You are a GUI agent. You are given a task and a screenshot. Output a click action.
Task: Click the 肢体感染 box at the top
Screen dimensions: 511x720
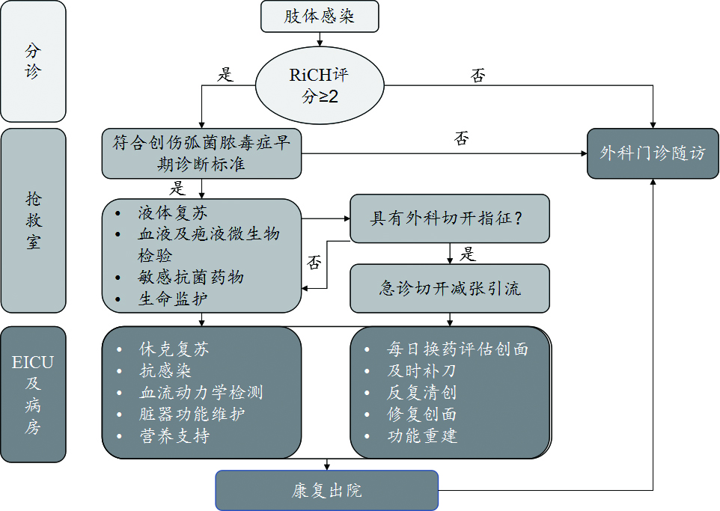coord(320,16)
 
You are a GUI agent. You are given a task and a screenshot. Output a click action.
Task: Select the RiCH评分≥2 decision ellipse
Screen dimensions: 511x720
coord(320,85)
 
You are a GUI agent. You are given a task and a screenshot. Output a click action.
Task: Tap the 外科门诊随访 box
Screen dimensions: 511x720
coord(653,153)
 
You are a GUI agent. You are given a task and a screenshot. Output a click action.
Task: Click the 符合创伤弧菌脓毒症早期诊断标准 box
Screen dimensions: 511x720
coord(201,153)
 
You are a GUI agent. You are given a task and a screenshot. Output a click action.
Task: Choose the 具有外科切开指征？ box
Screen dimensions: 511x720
coord(449,218)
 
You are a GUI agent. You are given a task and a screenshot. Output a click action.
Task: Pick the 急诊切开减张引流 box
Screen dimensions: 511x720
coord(449,288)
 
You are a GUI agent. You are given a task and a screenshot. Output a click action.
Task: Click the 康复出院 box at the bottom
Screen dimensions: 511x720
coord(326,491)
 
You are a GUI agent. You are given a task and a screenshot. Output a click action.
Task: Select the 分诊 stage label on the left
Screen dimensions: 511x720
coord(33,61)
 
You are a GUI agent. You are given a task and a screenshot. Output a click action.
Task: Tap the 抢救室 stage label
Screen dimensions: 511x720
coord(33,221)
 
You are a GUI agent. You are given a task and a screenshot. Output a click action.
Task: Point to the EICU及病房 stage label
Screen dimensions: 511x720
coord(33,395)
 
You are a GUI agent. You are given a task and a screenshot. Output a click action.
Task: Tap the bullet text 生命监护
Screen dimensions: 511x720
coord(173,299)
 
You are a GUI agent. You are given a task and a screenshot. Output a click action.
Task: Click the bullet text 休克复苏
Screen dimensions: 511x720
coord(174,349)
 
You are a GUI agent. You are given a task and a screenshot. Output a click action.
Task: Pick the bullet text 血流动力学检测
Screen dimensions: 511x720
coord(201,392)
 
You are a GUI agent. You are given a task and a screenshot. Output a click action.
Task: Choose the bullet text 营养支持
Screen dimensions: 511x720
coord(174,436)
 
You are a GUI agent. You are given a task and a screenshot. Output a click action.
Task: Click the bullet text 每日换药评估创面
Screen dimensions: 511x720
coord(457,349)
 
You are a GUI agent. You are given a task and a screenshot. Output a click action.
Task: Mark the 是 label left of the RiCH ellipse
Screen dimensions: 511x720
coord(225,74)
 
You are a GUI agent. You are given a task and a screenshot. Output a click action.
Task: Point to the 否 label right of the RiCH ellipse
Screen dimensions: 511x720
coord(478,76)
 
